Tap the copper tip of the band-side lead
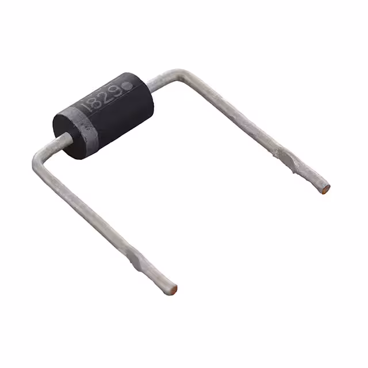(x=173, y=289)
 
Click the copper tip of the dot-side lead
(x=327, y=187)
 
